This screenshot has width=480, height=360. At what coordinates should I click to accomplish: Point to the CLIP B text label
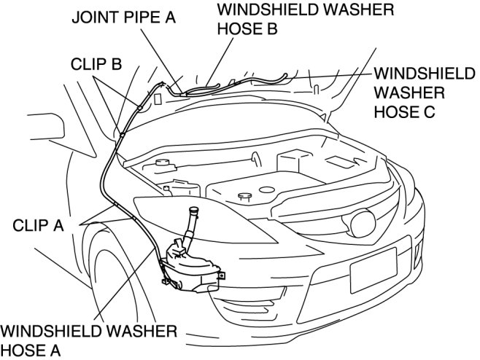point(96,63)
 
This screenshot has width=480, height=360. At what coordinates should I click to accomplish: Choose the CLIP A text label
point(39,226)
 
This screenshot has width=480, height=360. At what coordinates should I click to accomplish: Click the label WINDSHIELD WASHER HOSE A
point(88,340)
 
